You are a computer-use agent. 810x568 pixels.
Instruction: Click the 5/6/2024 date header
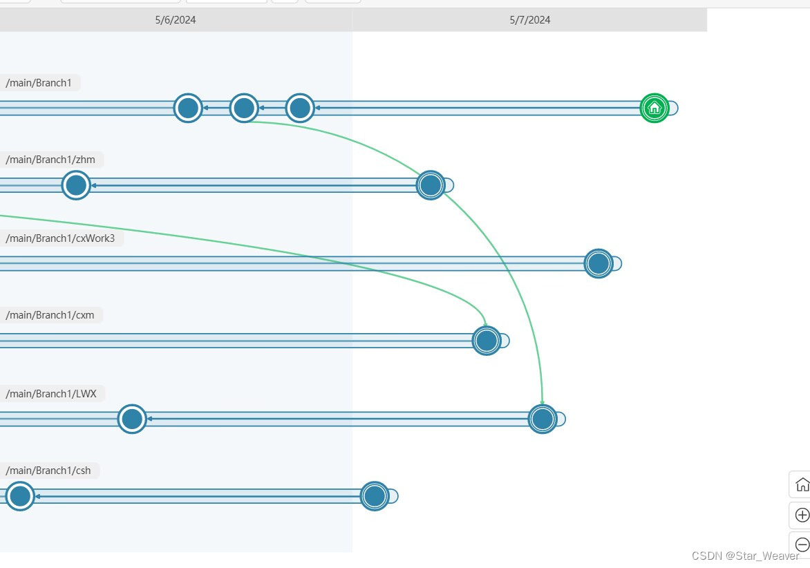(176, 20)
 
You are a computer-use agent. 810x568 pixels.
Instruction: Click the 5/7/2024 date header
(530, 20)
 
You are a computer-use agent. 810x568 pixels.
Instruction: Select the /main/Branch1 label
(39, 83)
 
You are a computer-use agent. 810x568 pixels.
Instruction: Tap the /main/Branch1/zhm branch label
(50, 160)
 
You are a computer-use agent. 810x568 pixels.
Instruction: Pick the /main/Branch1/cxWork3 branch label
(60, 238)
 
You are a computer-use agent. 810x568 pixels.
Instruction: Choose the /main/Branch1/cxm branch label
(50, 315)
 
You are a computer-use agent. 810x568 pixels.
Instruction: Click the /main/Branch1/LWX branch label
(51, 393)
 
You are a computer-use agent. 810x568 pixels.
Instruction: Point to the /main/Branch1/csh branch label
(48, 471)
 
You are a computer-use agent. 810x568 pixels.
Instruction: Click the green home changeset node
(654, 108)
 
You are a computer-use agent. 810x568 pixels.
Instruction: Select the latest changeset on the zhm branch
(431, 185)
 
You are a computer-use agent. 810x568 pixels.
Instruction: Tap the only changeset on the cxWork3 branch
(599, 263)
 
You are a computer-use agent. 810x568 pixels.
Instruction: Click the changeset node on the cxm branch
(487, 341)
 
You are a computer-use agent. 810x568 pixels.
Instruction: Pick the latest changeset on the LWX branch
(543, 419)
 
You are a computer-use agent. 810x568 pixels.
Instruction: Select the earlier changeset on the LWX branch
(132, 419)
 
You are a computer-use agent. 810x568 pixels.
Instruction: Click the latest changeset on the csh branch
(375, 496)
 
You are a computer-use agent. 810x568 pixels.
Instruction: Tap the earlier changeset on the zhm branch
(76, 185)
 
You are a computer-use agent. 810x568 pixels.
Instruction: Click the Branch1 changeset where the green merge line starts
(244, 108)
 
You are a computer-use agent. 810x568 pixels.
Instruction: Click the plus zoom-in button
(802, 515)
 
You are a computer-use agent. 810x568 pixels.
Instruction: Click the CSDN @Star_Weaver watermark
(745, 556)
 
